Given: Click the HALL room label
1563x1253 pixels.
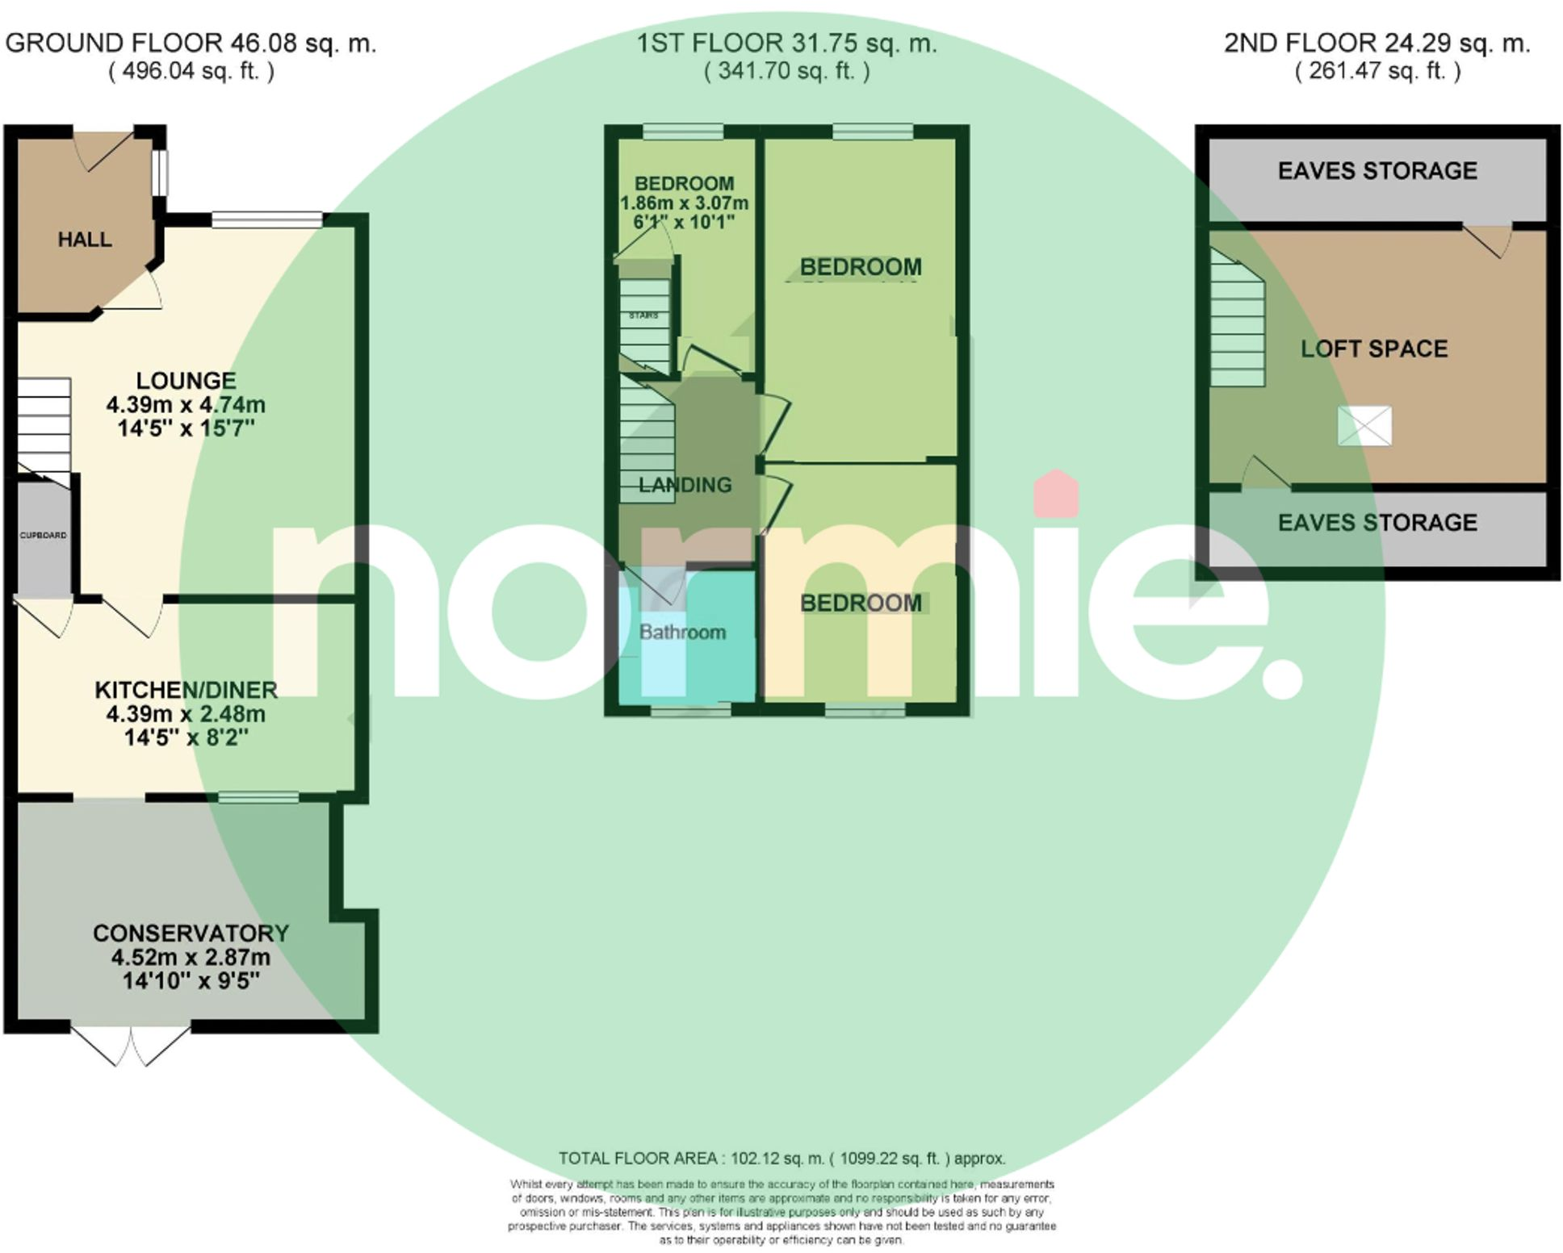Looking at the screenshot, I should [x=85, y=240].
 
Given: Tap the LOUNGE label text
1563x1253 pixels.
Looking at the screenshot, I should [x=186, y=380].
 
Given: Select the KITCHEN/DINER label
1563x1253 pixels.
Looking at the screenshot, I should [x=186, y=690].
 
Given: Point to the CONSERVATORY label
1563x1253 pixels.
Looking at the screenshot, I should [x=191, y=933].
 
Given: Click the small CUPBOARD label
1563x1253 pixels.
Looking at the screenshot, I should [x=44, y=535].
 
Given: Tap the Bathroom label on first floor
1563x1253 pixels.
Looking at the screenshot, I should [x=683, y=632].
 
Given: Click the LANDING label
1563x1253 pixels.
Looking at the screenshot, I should [x=685, y=485].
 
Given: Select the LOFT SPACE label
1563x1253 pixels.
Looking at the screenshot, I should [x=1374, y=349].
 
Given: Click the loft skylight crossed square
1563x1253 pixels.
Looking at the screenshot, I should [x=1364, y=426].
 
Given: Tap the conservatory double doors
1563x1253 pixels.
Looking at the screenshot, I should [x=131, y=1046].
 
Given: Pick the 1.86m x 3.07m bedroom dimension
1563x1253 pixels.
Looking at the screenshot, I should [x=684, y=203].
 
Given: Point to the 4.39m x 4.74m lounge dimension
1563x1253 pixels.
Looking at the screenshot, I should [x=186, y=404].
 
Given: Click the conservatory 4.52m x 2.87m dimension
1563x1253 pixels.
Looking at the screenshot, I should [x=191, y=957].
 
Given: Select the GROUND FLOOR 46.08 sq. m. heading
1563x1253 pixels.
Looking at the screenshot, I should [x=191, y=43].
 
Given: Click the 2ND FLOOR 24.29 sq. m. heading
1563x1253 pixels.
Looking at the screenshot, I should [x=1377, y=43].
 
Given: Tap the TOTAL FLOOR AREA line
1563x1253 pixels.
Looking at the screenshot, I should [x=781, y=1159].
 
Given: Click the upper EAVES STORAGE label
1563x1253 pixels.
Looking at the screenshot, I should [x=1377, y=171].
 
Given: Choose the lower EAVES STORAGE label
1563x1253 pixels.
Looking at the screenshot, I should [x=1377, y=523].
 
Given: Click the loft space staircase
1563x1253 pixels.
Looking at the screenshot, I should [x=1237, y=323].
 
